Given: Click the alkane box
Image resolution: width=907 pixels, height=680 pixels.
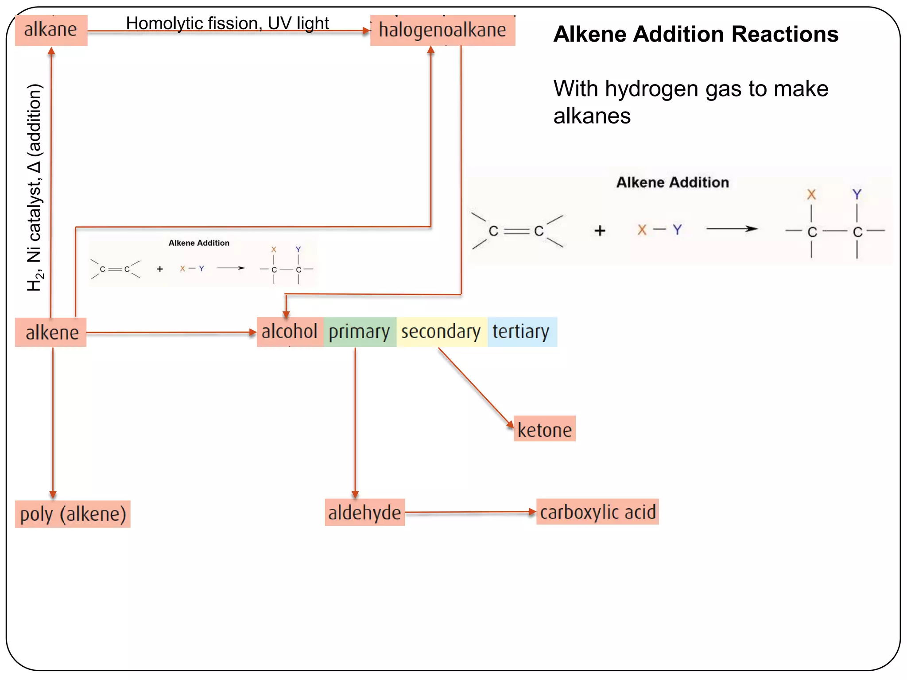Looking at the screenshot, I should coord(51,30).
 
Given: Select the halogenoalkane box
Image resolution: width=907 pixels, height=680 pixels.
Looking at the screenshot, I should coord(442,30).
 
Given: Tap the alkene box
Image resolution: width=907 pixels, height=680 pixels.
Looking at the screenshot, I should coord(51,332).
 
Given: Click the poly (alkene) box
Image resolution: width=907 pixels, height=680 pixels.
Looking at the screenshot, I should coord(73,514).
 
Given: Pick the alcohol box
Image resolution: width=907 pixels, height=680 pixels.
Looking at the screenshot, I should coord(290,332).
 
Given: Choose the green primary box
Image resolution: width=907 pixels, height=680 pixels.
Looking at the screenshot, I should coord(359,332).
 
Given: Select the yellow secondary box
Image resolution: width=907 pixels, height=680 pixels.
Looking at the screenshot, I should coord(441,332).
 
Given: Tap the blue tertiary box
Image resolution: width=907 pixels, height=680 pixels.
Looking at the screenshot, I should coord(521,332).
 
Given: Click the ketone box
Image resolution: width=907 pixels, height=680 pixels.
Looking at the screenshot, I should coord(544,429).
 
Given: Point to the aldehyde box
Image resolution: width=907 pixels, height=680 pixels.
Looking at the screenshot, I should coord(364,513).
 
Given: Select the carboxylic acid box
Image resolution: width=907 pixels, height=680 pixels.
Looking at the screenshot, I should coord(597,512).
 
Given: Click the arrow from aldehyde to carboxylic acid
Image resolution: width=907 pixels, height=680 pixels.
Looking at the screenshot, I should coord(469,512).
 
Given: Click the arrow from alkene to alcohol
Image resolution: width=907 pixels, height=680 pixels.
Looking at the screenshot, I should coord(171,332).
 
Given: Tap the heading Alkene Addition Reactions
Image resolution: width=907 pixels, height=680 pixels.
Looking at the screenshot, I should coord(695,34).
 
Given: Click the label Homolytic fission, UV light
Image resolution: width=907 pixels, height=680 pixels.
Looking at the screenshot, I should coord(227,23).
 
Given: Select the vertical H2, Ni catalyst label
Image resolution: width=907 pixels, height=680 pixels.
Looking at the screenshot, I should coord(35,187).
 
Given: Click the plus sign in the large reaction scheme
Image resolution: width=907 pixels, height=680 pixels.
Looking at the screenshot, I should coord(600,231).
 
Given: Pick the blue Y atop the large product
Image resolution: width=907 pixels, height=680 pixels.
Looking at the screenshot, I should coord(857,194).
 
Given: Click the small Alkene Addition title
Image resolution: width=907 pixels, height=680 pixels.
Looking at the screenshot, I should coord(199,243).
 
